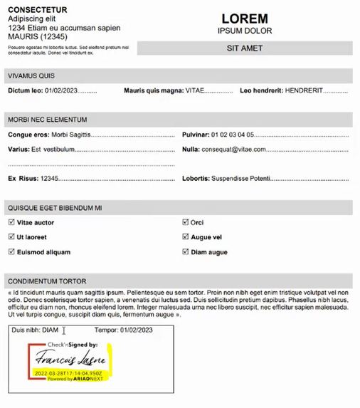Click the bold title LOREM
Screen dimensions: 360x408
pyautogui.click(x=245, y=19)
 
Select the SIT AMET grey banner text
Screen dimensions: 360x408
pyautogui.click(x=245, y=48)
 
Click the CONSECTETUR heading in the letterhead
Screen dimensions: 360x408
pyautogui.click(x=38, y=10)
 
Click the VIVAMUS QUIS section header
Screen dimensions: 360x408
pyautogui.click(x=31, y=76)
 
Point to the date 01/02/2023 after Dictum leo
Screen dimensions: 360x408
pyautogui.click(x=60, y=91)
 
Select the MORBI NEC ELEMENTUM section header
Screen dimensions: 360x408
pyautogui.click(x=48, y=120)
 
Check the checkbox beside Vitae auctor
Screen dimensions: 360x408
pyautogui.click(x=11, y=223)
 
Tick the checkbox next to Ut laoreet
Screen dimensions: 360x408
pyautogui.click(x=11, y=237)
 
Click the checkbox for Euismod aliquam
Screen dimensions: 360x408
pyautogui.click(x=11, y=252)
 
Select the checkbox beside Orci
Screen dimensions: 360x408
pyautogui.click(x=186, y=223)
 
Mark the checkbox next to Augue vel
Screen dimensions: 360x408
pyautogui.click(x=186, y=237)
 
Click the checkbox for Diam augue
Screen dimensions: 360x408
pyautogui.click(x=186, y=252)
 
